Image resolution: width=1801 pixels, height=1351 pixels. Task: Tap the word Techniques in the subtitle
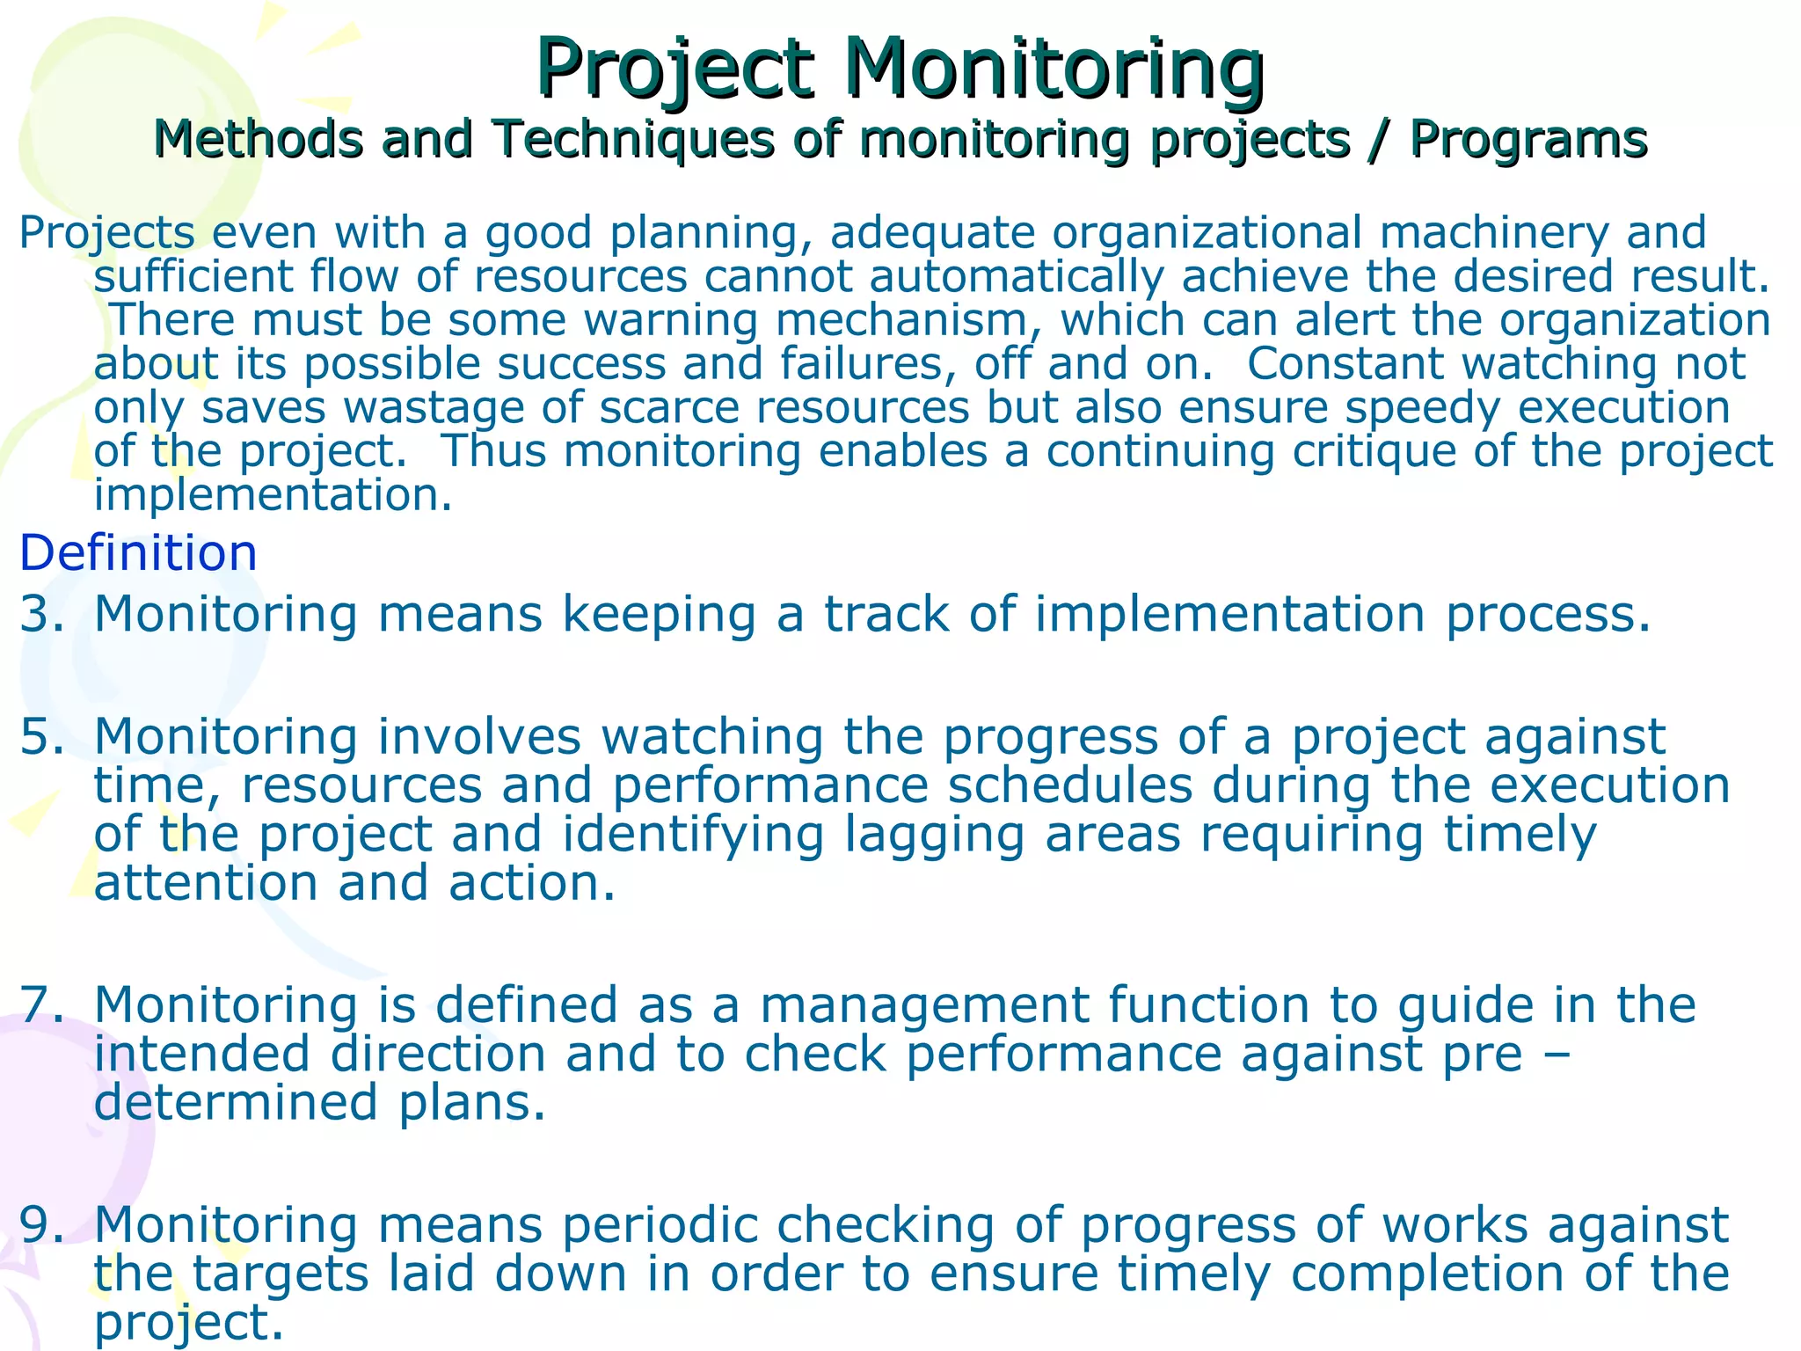click(x=633, y=139)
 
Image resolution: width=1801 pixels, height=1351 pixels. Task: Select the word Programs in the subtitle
click(x=1528, y=139)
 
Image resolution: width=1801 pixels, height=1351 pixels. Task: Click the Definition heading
click(x=138, y=553)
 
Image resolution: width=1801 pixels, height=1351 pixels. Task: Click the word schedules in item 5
click(x=1069, y=785)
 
